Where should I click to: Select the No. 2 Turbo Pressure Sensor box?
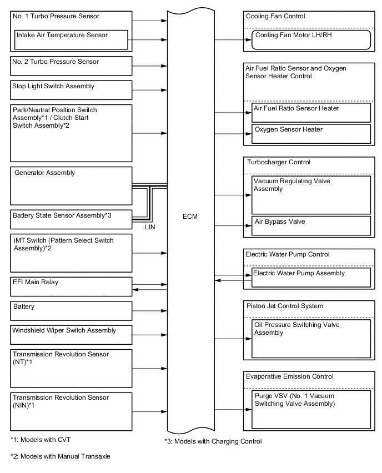tap(71, 66)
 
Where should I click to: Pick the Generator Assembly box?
tap(71, 187)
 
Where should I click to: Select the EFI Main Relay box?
tap(71, 286)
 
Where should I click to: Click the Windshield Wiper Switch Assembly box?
tap(71, 334)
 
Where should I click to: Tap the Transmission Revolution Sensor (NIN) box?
tap(71, 411)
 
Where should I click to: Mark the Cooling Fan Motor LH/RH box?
tap(311, 40)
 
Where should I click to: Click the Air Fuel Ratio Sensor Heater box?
tap(311, 112)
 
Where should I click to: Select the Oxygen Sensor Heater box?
tap(311, 134)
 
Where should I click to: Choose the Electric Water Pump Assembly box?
tap(311, 277)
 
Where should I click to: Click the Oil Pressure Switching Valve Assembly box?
tap(311, 338)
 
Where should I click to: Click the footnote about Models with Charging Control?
tap(213, 441)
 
